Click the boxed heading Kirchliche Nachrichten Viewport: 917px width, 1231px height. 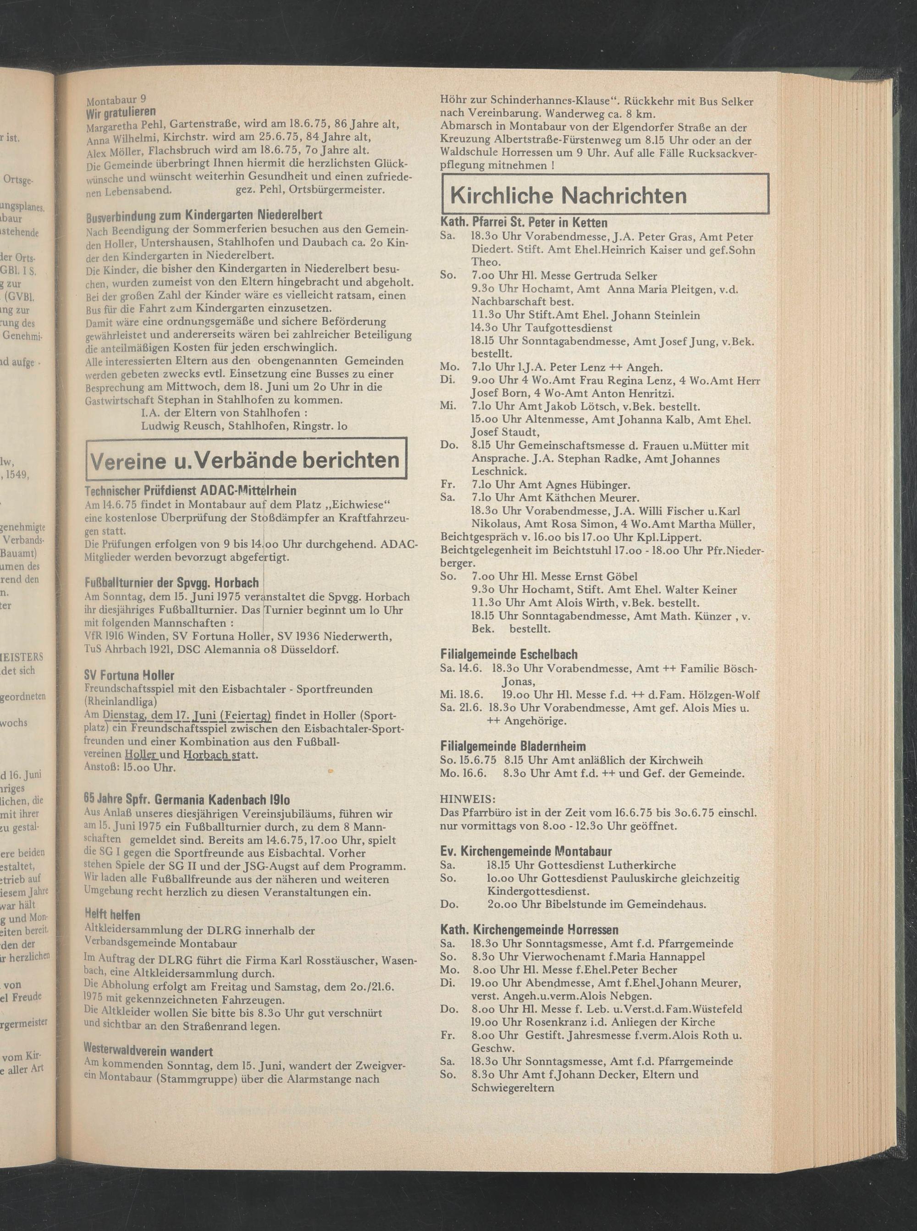point(567,195)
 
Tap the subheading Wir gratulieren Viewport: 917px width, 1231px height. point(120,113)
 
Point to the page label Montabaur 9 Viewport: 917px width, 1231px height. point(116,100)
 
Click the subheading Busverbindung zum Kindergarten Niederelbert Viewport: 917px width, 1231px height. point(204,215)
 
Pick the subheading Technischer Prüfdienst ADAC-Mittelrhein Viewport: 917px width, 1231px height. point(190,490)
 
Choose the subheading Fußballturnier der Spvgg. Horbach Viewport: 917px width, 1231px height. point(171,583)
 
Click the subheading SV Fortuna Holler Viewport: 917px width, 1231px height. point(129,675)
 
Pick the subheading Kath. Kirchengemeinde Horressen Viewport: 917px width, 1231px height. point(529,930)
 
